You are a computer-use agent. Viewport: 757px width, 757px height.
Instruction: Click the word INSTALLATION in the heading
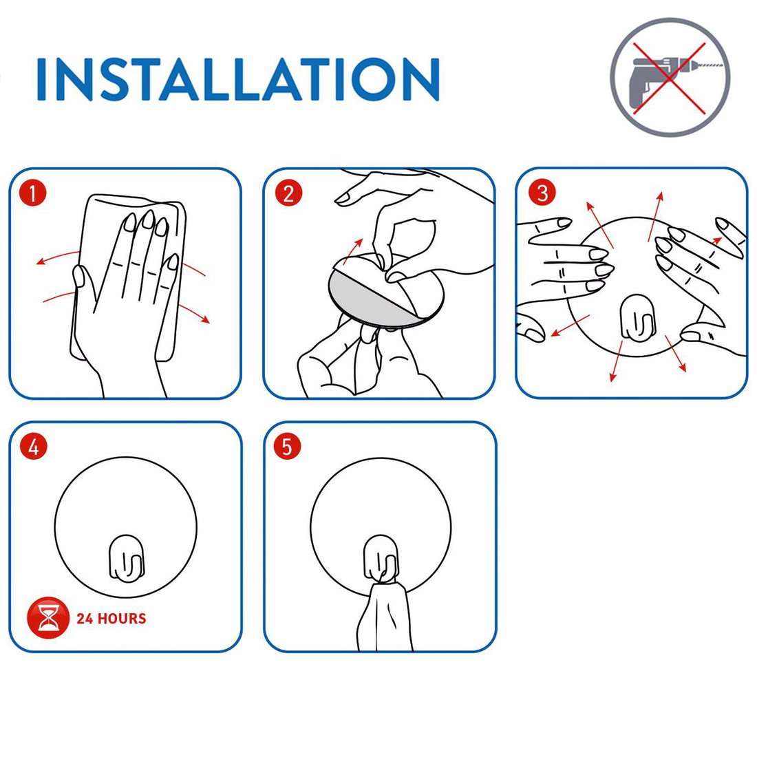(x=238, y=79)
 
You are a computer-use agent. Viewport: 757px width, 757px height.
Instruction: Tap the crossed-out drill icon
(x=670, y=77)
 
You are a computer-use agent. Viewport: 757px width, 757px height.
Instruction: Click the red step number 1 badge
(x=33, y=193)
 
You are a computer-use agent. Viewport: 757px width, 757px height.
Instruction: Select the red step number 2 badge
(x=288, y=193)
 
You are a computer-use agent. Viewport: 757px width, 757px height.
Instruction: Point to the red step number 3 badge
(x=542, y=193)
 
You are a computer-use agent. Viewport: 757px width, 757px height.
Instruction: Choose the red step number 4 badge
(x=33, y=447)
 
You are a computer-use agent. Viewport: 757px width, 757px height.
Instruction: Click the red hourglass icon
(x=47, y=618)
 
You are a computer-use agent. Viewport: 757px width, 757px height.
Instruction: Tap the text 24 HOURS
(x=111, y=619)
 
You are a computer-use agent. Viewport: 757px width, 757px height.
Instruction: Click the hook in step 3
(x=637, y=319)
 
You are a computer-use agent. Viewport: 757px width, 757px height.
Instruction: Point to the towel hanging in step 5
(x=385, y=615)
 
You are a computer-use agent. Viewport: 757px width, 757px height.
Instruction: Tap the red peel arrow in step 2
(x=353, y=251)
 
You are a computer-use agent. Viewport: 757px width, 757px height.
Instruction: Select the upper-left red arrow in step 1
(x=57, y=257)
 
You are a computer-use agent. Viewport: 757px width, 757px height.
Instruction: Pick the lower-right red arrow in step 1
(x=194, y=313)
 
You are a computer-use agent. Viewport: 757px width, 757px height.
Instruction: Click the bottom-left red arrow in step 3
(x=570, y=326)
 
